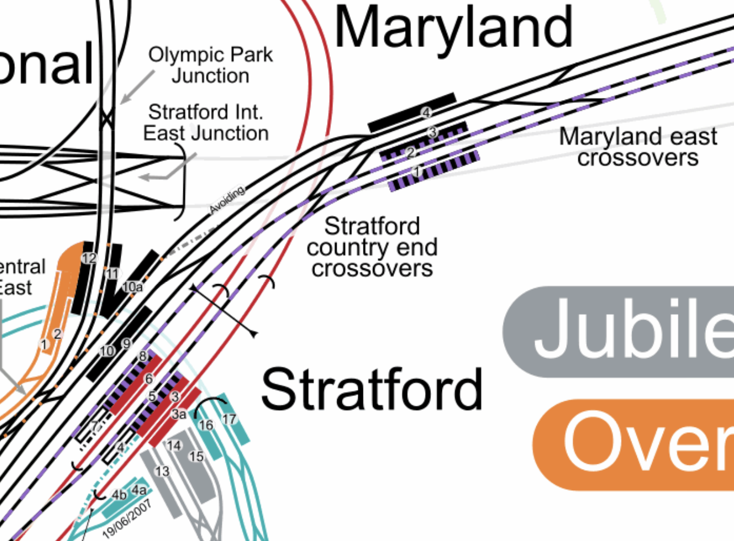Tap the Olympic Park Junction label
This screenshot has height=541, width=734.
point(210,65)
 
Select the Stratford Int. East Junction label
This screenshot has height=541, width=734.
point(206,123)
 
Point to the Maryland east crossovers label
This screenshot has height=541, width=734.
point(638,147)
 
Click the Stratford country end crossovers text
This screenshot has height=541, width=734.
point(372,247)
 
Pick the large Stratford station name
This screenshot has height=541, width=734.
point(372,389)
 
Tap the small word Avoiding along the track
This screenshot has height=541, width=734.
point(227,199)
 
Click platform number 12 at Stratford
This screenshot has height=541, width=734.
point(89,258)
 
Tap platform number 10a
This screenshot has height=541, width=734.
point(133,287)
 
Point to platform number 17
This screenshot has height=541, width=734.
point(229,419)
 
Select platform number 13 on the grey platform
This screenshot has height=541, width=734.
point(162,472)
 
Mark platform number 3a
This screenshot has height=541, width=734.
point(179,414)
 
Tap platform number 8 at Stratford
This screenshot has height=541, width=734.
point(143,356)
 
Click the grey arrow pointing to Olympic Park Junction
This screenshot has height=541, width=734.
point(137,87)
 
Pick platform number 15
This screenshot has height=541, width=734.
point(196,456)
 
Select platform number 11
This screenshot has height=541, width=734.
point(112,274)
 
